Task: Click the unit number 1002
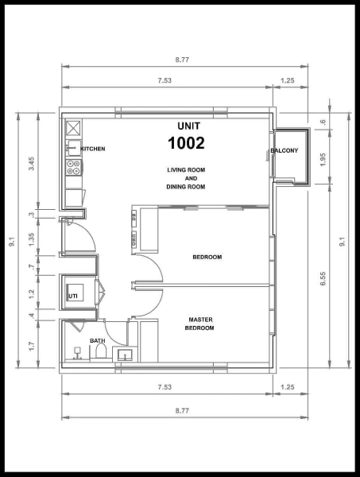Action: pyautogui.click(x=186, y=143)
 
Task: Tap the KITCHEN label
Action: pyautogui.click(x=93, y=149)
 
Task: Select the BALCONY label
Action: pyautogui.click(x=285, y=150)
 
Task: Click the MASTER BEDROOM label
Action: pyautogui.click(x=200, y=324)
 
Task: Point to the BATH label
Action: pyautogui.click(x=98, y=341)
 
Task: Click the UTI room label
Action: pyautogui.click(x=73, y=296)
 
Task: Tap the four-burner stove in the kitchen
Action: pyautogui.click(x=74, y=167)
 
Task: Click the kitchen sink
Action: pyautogui.click(x=74, y=148)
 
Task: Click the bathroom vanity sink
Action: pyautogui.click(x=125, y=355)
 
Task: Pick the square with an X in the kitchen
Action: pyautogui.click(x=74, y=128)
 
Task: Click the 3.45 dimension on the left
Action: pyautogui.click(x=31, y=164)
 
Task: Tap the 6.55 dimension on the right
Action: pyautogui.click(x=323, y=278)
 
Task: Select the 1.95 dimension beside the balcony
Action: pyautogui.click(x=323, y=160)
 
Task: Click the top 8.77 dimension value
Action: pyautogui.click(x=182, y=60)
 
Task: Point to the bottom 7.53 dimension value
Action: pyautogui.click(x=165, y=387)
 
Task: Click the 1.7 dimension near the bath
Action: pyautogui.click(x=31, y=346)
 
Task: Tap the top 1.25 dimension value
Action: pyautogui.click(x=288, y=80)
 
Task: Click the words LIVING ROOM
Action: pyautogui.click(x=186, y=170)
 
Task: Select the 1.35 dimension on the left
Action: pyautogui.click(x=31, y=239)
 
